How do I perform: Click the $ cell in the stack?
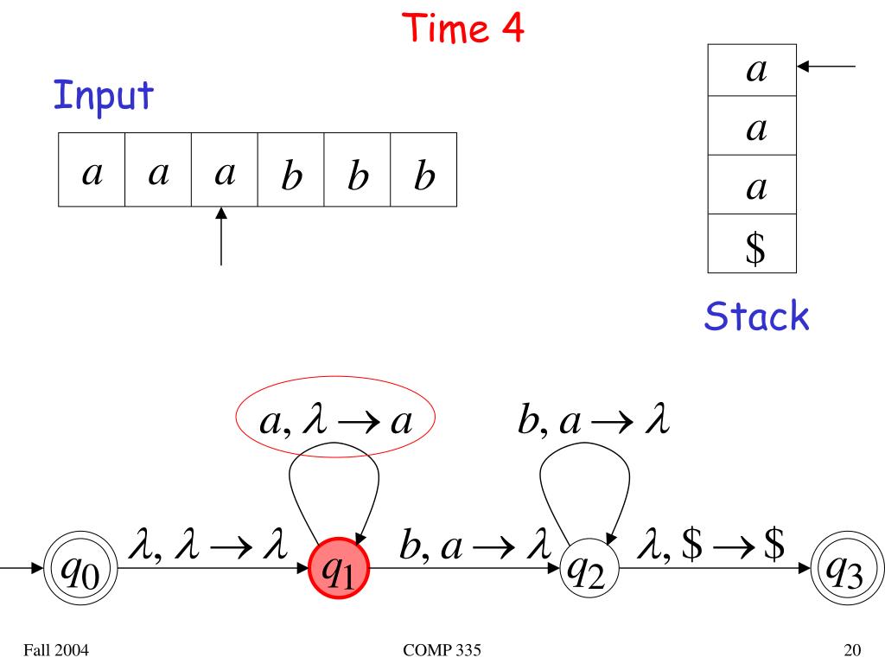(752, 250)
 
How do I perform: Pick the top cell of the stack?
(752, 70)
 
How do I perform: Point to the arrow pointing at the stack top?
(829, 66)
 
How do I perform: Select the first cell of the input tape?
(92, 169)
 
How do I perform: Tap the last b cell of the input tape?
(423, 169)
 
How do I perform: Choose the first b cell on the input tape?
(290, 169)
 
